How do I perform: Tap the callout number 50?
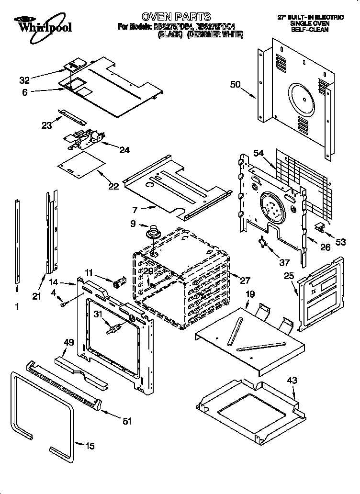click(235, 85)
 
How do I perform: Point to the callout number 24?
click(124, 150)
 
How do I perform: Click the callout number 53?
click(340, 242)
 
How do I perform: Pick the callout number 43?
click(292, 381)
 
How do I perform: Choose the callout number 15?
click(90, 447)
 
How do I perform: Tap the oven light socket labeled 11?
click(118, 282)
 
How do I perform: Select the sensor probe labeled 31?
click(112, 330)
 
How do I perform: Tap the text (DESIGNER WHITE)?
click(215, 34)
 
